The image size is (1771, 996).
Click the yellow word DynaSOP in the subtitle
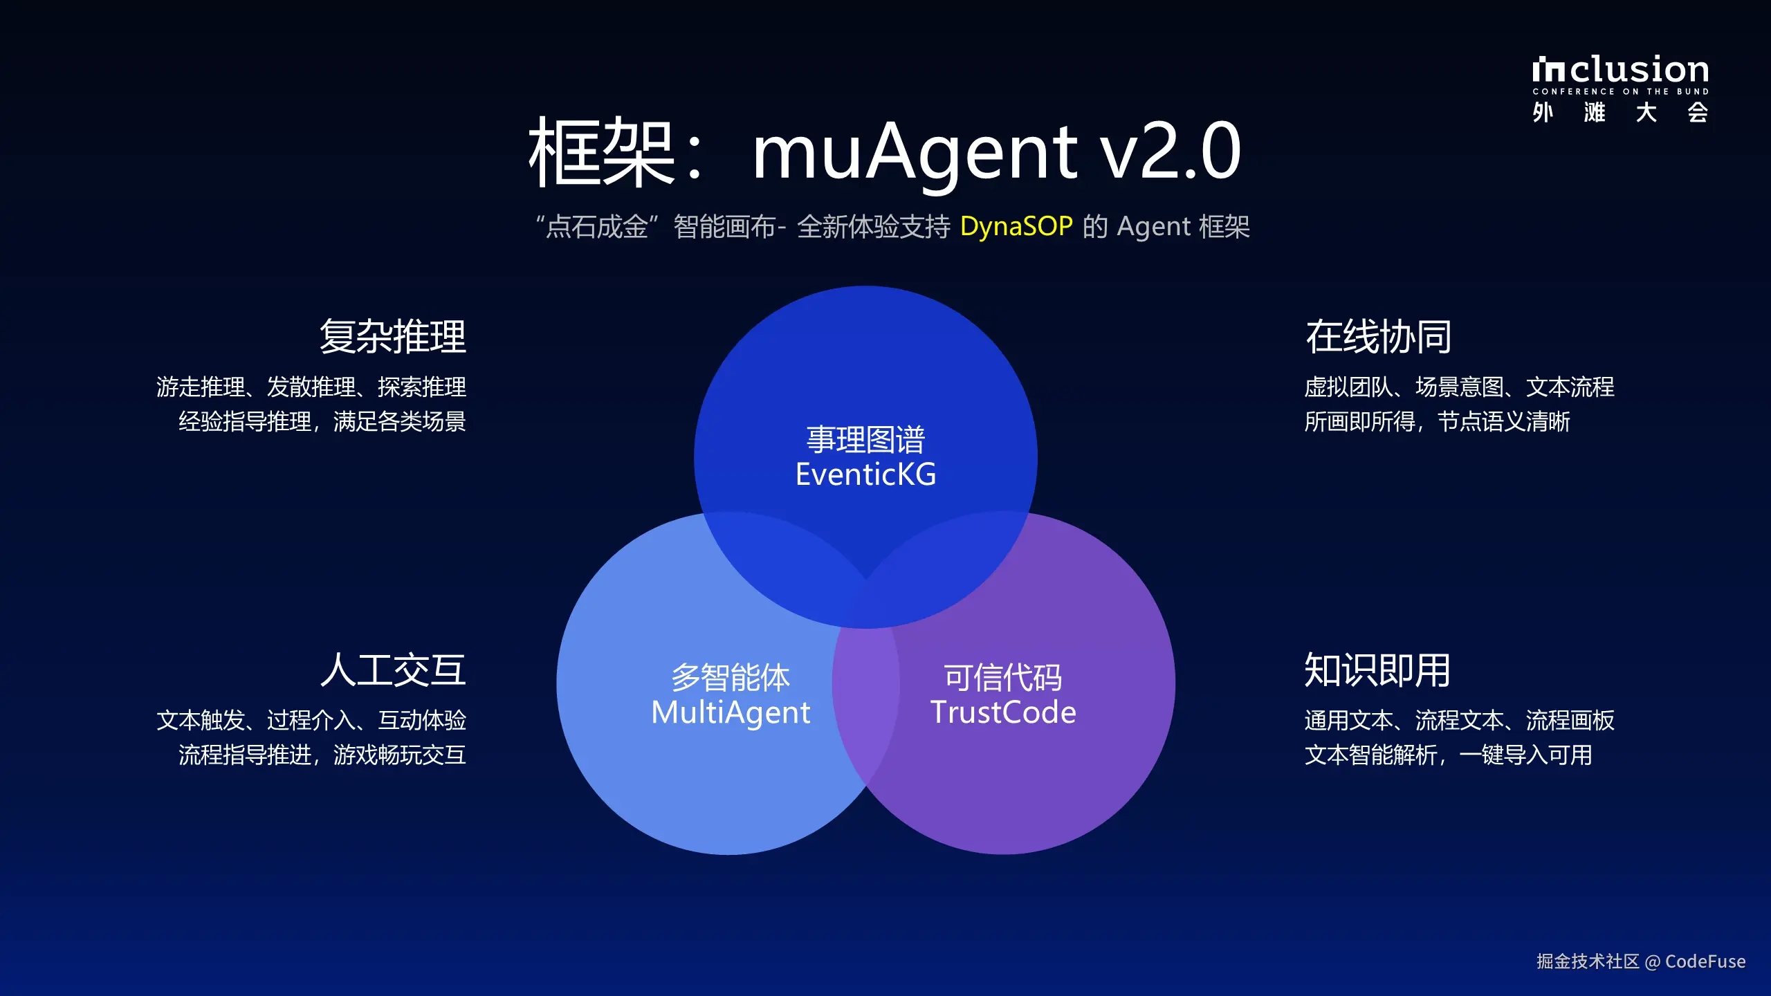click(1016, 227)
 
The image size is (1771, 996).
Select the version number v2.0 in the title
click(1171, 152)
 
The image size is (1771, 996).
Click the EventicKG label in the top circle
click(865, 474)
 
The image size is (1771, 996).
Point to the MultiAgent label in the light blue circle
click(731, 712)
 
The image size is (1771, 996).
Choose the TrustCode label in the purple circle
click(1003, 712)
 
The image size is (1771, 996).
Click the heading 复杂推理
click(393, 337)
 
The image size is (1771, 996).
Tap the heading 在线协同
click(1378, 337)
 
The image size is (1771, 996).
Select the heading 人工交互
click(393, 670)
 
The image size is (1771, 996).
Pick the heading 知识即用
click(1377, 670)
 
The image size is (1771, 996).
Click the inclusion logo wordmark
click(1620, 70)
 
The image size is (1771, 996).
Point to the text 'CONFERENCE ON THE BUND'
click(1620, 91)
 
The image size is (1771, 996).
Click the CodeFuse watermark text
click(1705, 961)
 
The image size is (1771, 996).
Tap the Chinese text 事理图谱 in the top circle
click(865, 440)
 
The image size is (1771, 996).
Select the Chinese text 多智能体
click(731, 678)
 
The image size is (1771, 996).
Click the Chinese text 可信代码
click(1003, 678)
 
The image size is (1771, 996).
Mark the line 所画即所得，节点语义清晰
click(1437, 421)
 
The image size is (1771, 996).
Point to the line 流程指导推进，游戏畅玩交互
click(322, 755)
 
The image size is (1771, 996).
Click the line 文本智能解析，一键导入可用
click(1448, 755)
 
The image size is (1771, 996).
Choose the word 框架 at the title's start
click(600, 152)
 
